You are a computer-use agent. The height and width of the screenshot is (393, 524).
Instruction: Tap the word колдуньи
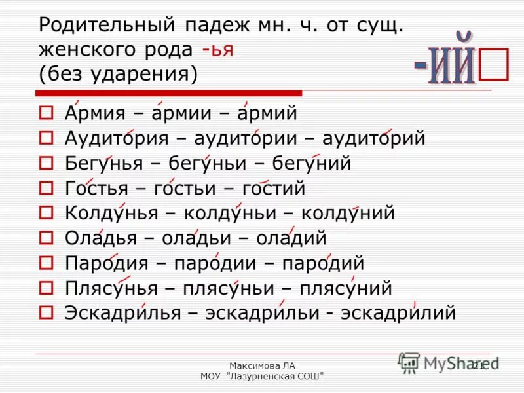pyautogui.click(x=233, y=213)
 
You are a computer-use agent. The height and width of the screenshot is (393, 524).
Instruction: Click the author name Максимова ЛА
pyautogui.click(x=262, y=365)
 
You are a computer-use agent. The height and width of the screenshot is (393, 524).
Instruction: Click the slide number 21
pyautogui.click(x=477, y=365)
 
